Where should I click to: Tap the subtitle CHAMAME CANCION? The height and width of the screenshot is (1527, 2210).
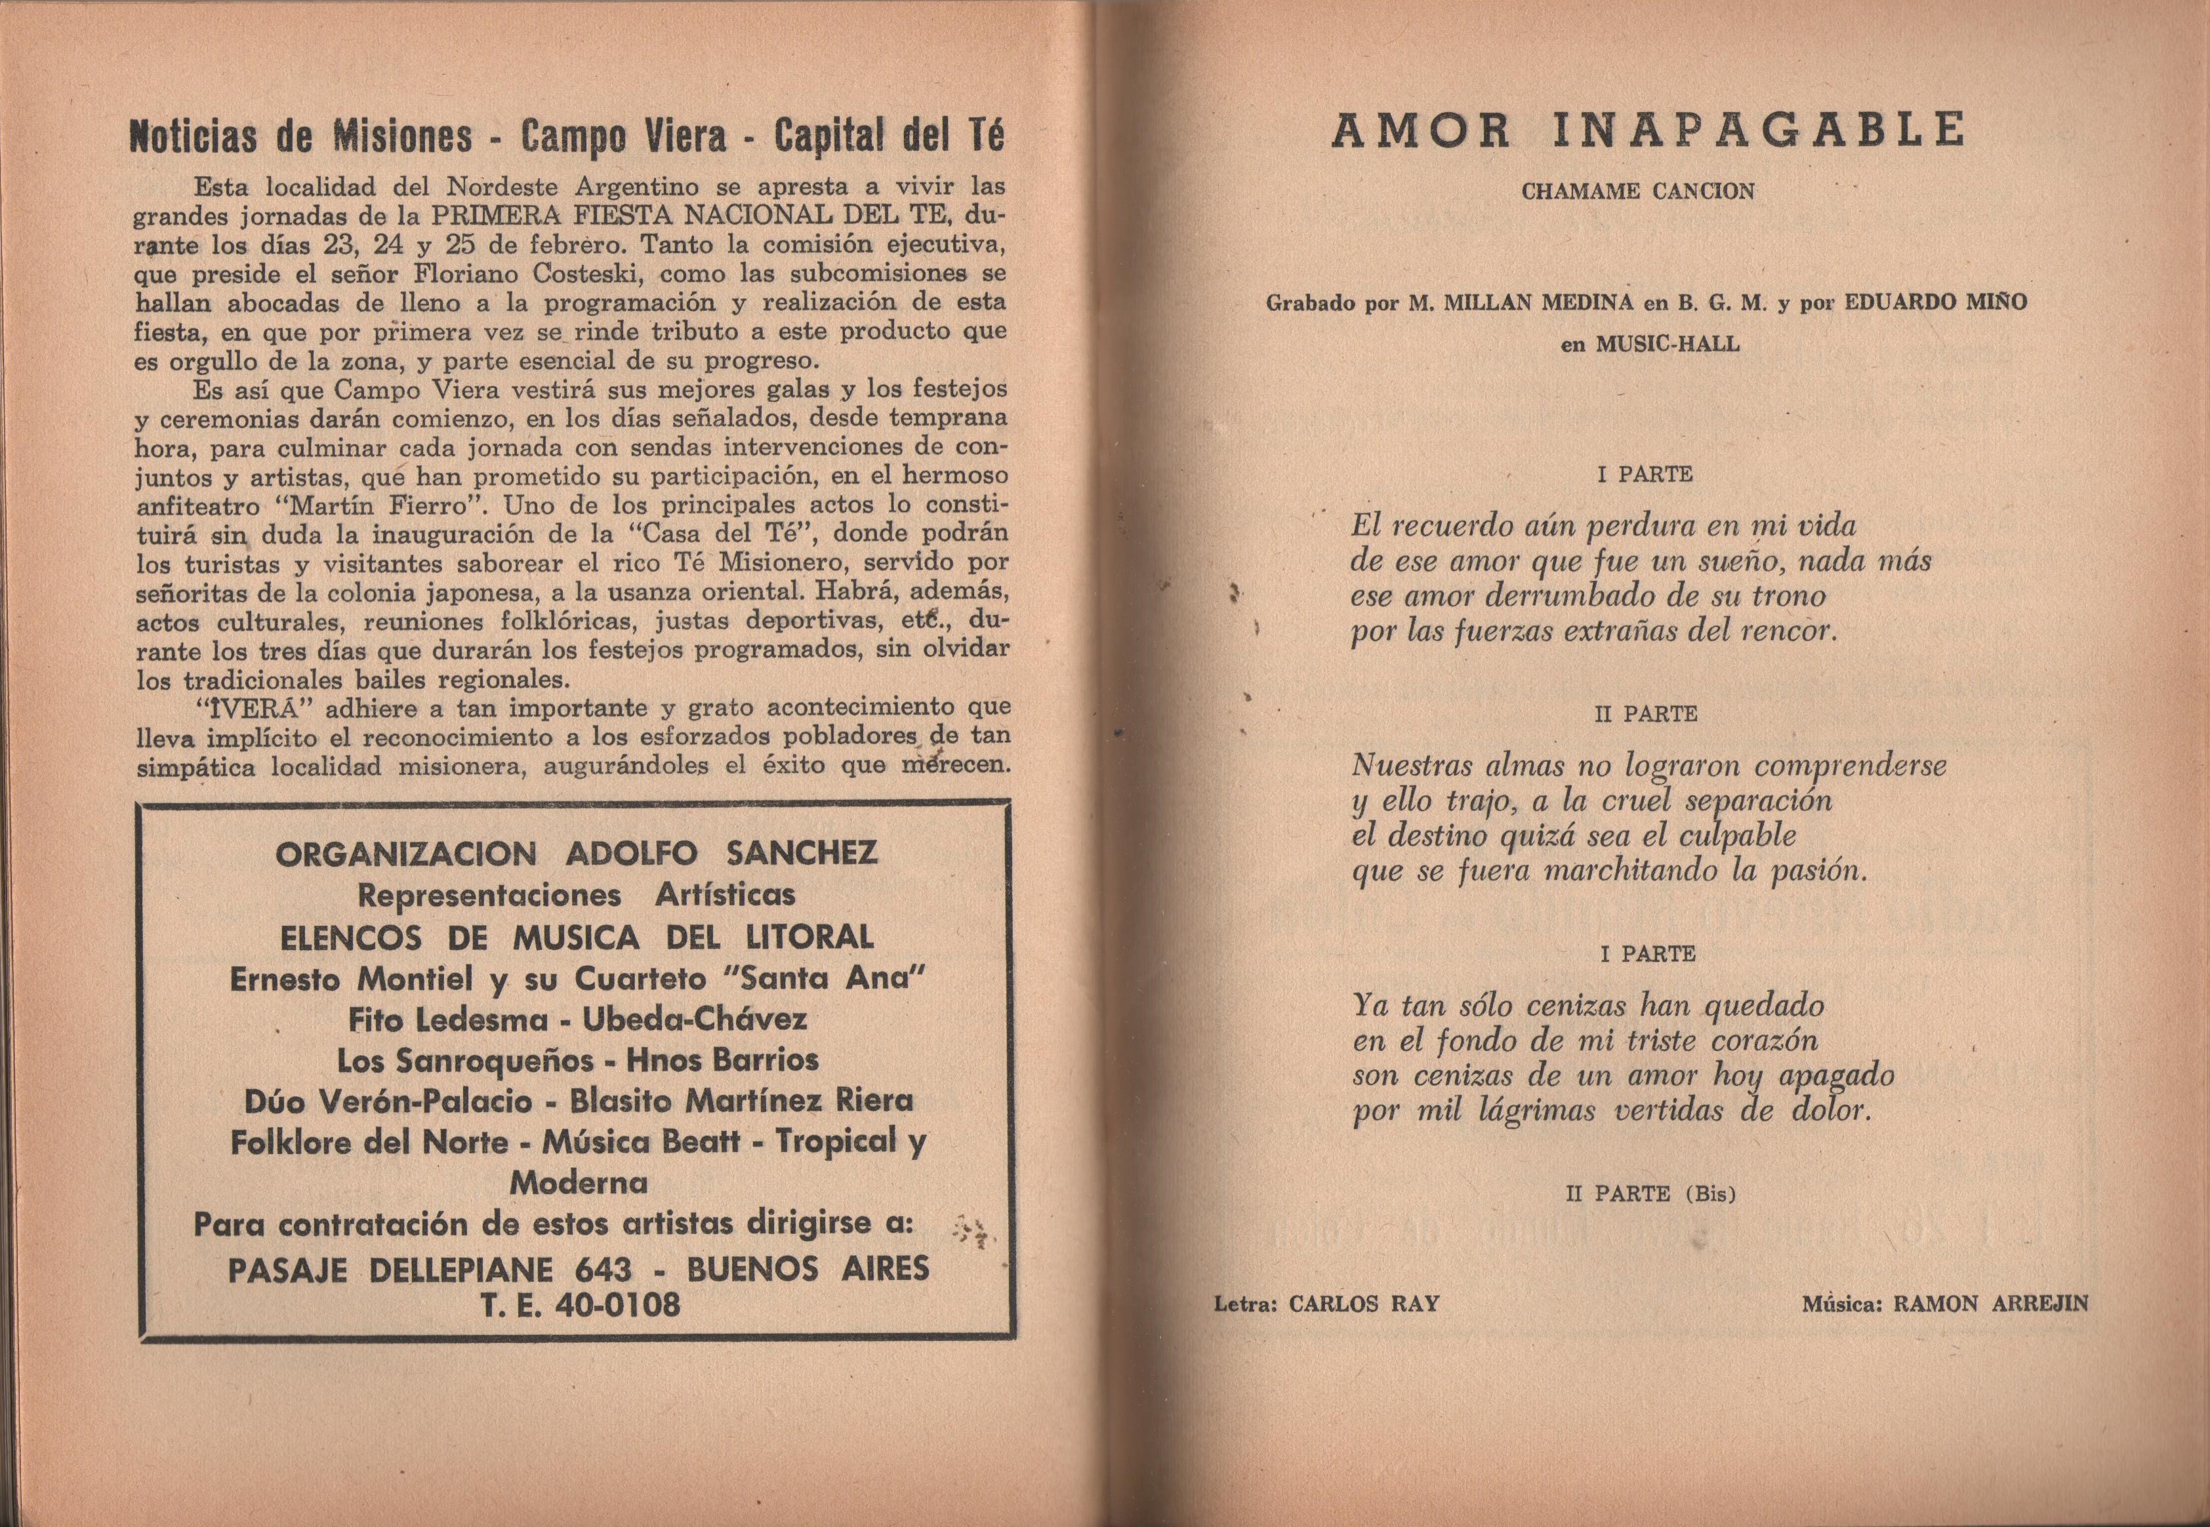point(1637,191)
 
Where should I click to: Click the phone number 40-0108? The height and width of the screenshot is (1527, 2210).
point(617,1304)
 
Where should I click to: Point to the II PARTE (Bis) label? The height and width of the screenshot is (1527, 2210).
point(1650,1194)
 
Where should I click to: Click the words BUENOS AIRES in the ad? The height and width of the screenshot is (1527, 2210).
point(808,1269)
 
